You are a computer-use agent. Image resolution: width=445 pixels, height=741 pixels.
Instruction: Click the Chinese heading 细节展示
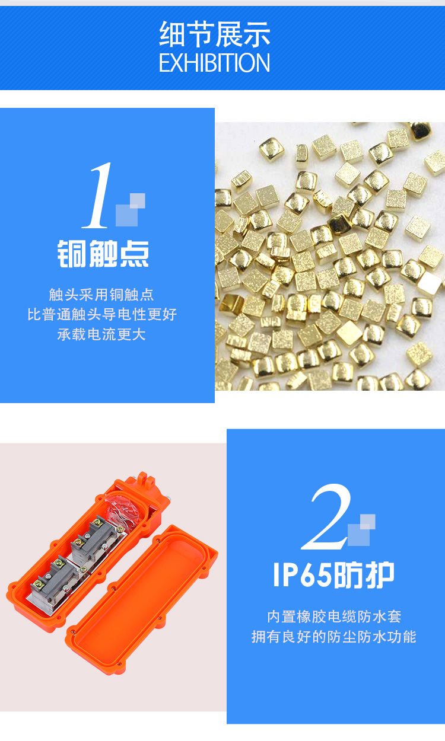click(x=215, y=34)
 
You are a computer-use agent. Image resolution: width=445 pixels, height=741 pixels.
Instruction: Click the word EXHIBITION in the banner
click(x=215, y=63)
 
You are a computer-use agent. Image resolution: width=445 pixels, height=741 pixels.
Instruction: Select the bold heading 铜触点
click(x=103, y=254)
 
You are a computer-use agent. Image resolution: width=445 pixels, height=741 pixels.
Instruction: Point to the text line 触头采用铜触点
click(x=101, y=295)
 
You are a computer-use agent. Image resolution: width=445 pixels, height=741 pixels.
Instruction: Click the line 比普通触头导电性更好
click(x=102, y=314)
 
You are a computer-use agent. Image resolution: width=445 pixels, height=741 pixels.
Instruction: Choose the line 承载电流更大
click(x=101, y=334)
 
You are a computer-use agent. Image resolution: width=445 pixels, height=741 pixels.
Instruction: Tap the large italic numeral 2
click(x=326, y=517)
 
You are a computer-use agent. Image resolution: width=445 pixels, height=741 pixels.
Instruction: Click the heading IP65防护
click(x=333, y=575)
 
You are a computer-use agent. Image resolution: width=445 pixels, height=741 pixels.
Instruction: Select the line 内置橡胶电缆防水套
click(x=334, y=617)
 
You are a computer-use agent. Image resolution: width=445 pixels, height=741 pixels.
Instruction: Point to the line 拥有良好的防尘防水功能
click(x=333, y=637)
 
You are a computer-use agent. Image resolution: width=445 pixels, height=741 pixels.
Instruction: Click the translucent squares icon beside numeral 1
click(x=130, y=210)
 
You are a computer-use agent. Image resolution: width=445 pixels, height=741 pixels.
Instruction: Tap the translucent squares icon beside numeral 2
click(x=361, y=530)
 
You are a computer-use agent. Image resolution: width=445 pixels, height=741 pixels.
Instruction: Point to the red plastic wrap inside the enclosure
click(x=122, y=509)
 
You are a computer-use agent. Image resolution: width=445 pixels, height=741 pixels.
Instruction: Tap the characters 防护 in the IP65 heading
click(x=364, y=575)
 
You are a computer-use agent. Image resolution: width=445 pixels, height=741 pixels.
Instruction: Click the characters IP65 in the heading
click(x=302, y=575)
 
